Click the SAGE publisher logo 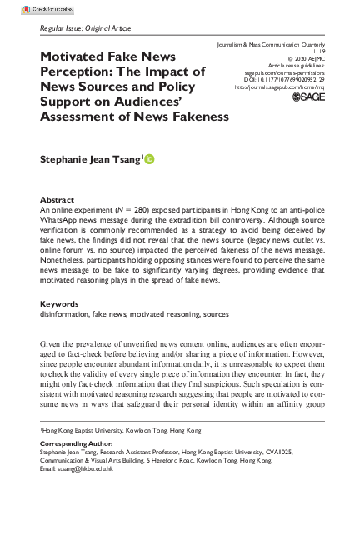[309, 97]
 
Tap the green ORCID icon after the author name [149, 158]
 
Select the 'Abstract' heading [57, 200]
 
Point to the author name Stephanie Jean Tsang [89, 158]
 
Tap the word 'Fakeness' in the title [192, 116]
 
